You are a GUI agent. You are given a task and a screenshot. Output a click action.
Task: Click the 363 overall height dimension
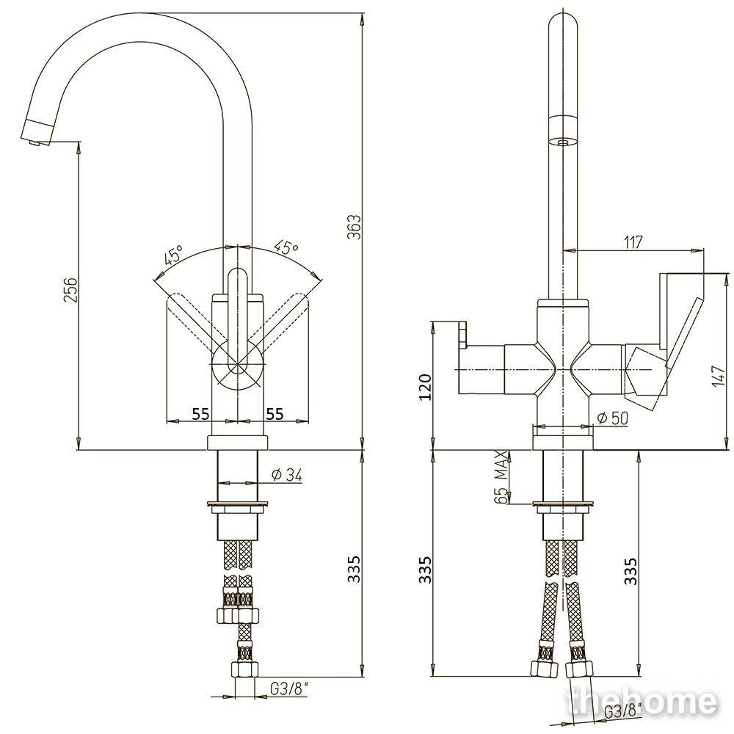[x=355, y=227]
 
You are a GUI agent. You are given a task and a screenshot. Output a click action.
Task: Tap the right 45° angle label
[x=286, y=248]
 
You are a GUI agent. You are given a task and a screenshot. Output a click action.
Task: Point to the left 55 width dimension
[x=201, y=413]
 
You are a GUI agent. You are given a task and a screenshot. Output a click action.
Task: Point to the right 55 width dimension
[x=275, y=413]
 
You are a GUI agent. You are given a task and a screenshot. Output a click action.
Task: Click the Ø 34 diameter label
[x=287, y=475]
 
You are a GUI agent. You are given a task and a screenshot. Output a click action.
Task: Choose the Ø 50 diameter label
[x=612, y=418]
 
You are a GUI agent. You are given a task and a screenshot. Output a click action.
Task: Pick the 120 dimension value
[x=424, y=387]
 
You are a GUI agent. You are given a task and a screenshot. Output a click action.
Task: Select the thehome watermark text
[x=642, y=702]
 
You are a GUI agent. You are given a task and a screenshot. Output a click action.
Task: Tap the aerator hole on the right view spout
[x=562, y=142]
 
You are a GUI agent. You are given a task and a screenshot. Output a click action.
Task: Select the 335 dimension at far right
[x=631, y=570]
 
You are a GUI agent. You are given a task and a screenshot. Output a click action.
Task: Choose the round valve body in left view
[x=238, y=364]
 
